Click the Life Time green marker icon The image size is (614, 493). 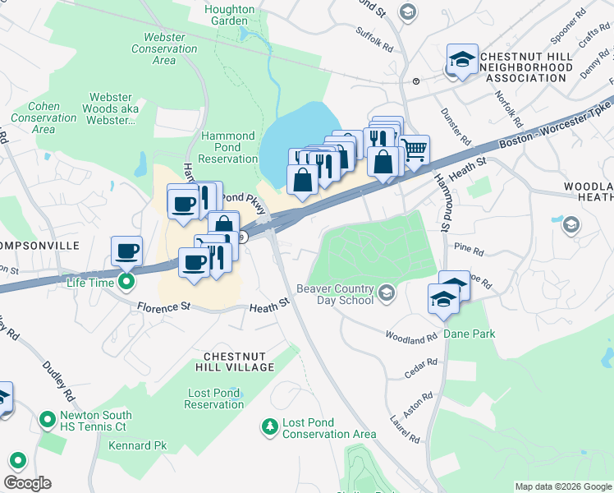tap(126, 283)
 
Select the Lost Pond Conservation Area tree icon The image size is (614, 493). tap(269, 426)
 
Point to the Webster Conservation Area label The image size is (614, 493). tap(164, 48)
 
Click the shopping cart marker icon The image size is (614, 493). tap(415, 150)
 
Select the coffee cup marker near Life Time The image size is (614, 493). tap(126, 250)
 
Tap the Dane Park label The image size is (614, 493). tap(470, 334)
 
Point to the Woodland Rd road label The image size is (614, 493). tap(411, 337)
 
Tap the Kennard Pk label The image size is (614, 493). tap(138, 445)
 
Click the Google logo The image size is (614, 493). tap(27, 483)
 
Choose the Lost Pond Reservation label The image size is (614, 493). tap(213, 399)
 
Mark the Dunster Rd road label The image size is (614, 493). tap(455, 127)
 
